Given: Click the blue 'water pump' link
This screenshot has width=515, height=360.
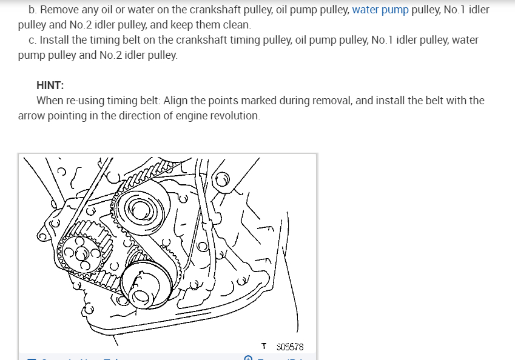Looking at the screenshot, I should click(380, 10).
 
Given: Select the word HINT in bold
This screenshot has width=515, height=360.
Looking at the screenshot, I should click(50, 85).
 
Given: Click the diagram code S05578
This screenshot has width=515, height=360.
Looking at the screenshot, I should click(289, 347).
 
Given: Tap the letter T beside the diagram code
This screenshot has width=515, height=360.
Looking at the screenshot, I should click(264, 347).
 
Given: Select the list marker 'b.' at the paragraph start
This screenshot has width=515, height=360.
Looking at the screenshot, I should click(32, 10).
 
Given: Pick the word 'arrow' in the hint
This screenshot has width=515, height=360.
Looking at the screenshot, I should click(32, 115).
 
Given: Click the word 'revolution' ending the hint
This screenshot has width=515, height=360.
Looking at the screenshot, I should click(235, 115).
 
